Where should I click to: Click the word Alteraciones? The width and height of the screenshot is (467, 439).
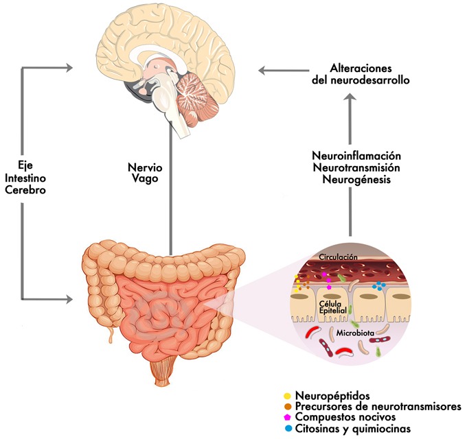point(361,69)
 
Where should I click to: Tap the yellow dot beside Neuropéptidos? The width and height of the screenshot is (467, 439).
point(286,396)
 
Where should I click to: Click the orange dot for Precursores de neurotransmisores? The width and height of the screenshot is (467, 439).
point(286,407)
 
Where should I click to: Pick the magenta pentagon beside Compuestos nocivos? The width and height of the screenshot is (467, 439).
point(286,417)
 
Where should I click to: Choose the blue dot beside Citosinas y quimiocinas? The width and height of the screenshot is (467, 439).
point(286,428)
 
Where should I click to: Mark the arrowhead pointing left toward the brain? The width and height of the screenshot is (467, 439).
point(263,69)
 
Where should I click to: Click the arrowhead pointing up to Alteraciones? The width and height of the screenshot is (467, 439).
point(351,99)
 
